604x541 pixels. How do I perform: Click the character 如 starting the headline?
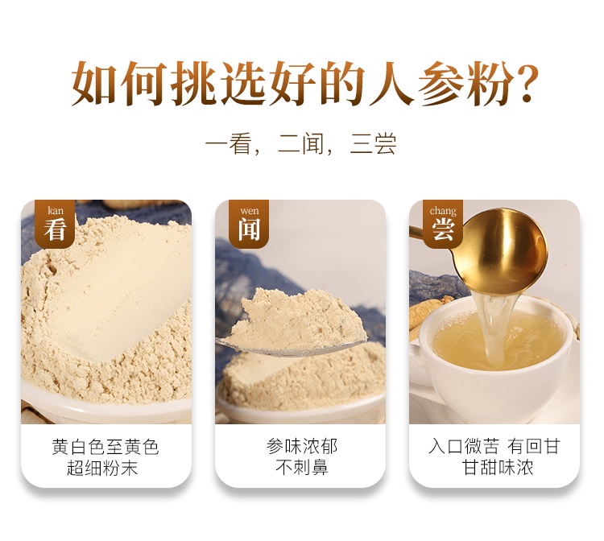[93, 84]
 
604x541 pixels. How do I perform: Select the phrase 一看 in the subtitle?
[229, 144]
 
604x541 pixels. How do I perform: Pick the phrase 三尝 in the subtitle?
[373, 144]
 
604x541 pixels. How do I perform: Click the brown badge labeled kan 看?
[55, 224]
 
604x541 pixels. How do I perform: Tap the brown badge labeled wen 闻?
[249, 224]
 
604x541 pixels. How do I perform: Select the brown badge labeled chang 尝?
[443, 224]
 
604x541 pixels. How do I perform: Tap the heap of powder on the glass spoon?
[294, 319]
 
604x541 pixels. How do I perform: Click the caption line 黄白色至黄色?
[105, 447]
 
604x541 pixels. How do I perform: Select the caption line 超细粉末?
[102, 469]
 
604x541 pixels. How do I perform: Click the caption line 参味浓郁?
[302, 447]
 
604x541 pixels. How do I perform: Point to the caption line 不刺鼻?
[302, 468]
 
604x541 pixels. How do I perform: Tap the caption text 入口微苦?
[464, 447]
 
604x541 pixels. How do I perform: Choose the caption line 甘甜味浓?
[498, 468]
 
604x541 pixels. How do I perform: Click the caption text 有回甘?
[533, 447]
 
